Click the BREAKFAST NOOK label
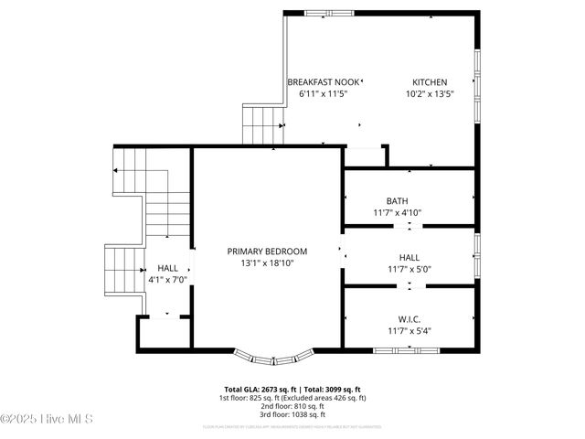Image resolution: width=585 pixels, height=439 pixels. (324, 82)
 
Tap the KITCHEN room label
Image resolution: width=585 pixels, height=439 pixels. (430, 82)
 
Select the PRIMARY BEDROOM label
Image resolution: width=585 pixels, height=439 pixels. (267, 252)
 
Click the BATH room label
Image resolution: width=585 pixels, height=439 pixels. (397, 201)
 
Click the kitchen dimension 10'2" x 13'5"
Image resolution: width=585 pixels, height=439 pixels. (430, 94)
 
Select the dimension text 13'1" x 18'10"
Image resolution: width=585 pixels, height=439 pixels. (267, 263)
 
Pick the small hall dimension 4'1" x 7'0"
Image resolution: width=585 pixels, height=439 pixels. (167, 281)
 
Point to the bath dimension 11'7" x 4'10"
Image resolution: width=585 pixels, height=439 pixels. (397, 213)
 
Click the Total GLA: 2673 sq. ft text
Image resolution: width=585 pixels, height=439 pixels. (257, 390)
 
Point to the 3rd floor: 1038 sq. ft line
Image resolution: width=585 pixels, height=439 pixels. (292, 415)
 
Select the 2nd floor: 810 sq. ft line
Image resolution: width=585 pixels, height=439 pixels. (292, 407)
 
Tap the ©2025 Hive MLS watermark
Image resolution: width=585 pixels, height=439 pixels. (48, 420)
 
